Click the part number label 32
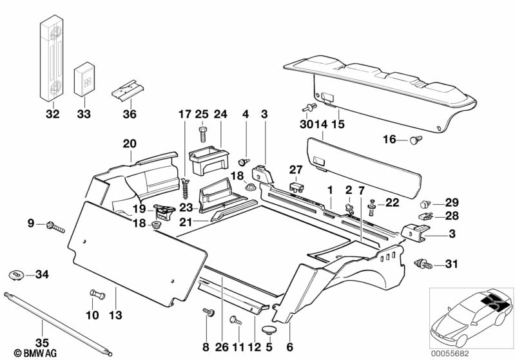[x=52, y=115]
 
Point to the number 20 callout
[x=129, y=143]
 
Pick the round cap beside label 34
[x=18, y=275]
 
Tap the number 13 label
[x=116, y=315]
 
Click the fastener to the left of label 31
[x=422, y=262]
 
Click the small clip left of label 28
[x=425, y=216]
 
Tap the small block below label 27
[x=296, y=187]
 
